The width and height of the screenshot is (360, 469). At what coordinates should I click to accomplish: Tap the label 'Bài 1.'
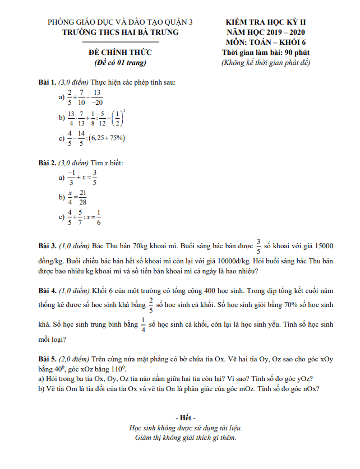pyautogui.click(x=48, y=82)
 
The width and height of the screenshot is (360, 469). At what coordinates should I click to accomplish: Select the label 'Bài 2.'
pyautogui.click(x=48, y=163)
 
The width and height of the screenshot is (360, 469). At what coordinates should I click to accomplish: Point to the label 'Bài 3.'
pyautogui.click(x=48, y=245)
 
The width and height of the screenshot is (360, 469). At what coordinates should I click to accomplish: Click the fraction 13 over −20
pyautogui.click(x=97, y=97)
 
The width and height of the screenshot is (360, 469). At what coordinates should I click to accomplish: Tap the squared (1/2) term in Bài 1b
pyautogui.click(x=117, y=118)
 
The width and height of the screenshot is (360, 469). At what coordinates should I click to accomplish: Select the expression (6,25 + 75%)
pyautogui.click(x=106, y=138)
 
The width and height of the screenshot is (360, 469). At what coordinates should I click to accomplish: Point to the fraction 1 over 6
pyautogui.click(x=98, y=217)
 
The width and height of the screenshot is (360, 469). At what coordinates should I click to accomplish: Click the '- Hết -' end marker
pyautogui.click(x=185, y=418)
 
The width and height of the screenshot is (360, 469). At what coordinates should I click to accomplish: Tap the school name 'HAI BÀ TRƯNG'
pyautogui.click(x=145, y=32)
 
